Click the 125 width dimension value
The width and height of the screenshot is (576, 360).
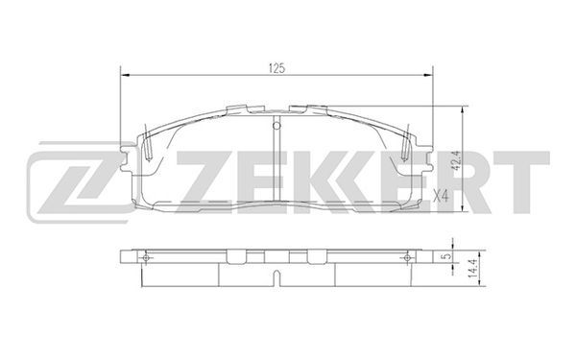click(x=277, y=68)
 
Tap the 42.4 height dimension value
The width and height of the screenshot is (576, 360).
click(x=457, y=160)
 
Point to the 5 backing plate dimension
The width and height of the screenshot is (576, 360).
click(x=446, y=255)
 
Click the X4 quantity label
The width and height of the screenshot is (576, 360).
click(x=441, y=196)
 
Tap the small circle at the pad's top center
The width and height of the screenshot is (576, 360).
click(x=276, y=126)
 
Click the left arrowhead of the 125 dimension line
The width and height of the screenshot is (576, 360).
click(x=125, y=75)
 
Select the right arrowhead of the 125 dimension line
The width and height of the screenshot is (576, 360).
click(x=428, y=75)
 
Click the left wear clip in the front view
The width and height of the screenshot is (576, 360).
click(x=147, y=144)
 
